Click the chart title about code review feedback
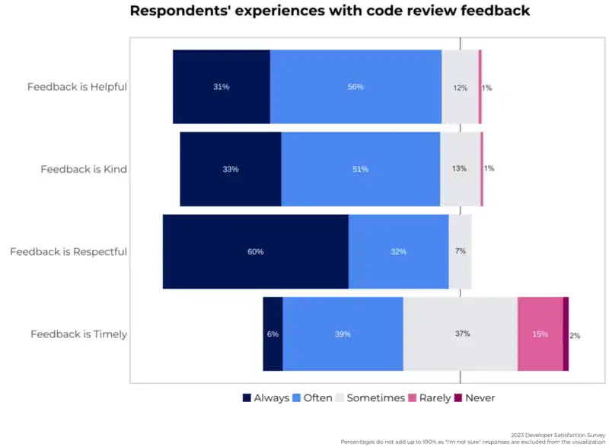[x=330, y=11]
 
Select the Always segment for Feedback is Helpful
[x=222, y=87]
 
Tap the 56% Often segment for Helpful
[x=356, y=87]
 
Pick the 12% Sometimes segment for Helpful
[x=460, y=87]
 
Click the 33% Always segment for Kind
[x=231, y=169]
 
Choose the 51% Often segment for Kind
[x=360, y=169]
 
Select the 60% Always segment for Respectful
[x=256, y=251]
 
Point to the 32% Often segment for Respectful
[x=398, y=251]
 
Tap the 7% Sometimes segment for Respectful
[x=460, y=251]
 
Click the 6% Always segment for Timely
[x=273, y=334]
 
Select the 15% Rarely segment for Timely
[x=540, y=334]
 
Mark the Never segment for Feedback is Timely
[x=566, y=334]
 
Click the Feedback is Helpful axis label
[x=77, y=87]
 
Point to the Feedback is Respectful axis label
[x=69, y=251]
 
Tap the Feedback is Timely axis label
[x=78, y=334]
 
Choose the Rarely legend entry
[x=429, y=398]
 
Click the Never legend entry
[x=474, y=398]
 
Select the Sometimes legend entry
[x=370, y=398]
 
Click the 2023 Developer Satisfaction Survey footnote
[x=559, y=435]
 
